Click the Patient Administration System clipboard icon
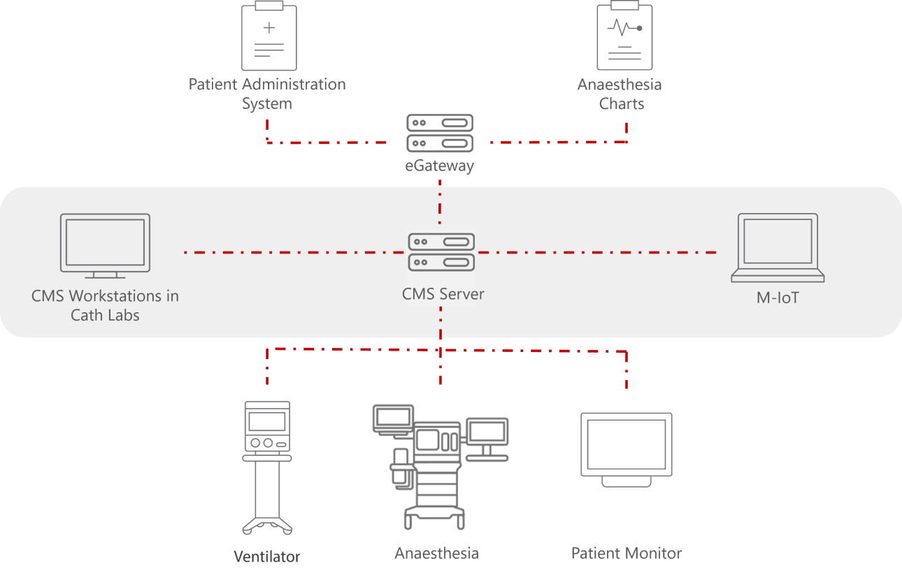click(269, 36)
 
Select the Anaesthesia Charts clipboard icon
click(624, 36)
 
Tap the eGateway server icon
click(441, 133)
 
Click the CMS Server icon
click(441, 253)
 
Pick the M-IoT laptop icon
click(778, 248)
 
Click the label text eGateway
click(440, 166)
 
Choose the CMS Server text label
click(443, 294)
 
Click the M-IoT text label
click(778, 298)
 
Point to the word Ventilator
click(267, 557)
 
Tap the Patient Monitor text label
click(627, 553)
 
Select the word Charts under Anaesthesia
click(622, 104)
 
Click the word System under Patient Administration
click(267, 104)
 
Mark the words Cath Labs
click(105, 315)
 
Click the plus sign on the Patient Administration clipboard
click(269, 28)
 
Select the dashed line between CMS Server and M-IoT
click(601, 252)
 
